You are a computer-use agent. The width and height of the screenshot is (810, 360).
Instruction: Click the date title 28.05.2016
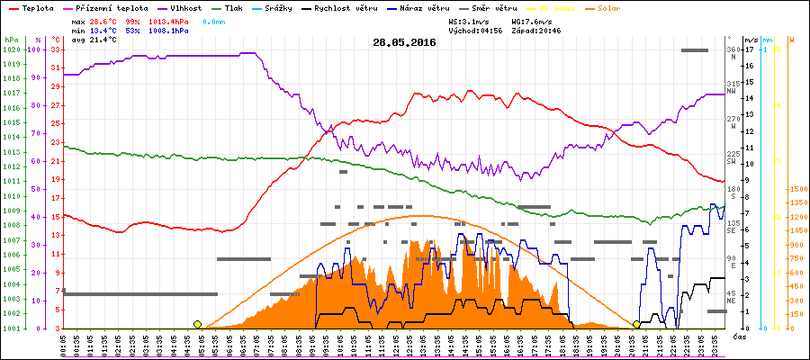click(x=404, y=42)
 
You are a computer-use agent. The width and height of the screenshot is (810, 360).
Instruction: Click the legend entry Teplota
click(x=39, y=7)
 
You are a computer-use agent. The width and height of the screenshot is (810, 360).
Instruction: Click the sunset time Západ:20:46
click(x=538, y=30)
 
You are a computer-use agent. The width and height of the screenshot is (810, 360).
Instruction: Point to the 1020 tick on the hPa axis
click(x=11, y=49)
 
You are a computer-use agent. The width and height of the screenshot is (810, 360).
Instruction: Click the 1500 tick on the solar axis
click(x=796, y=189)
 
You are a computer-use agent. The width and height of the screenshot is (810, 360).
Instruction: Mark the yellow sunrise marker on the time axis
click(x=197, y=324)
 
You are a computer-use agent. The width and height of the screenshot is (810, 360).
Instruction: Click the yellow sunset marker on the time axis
click(x=636, y=324)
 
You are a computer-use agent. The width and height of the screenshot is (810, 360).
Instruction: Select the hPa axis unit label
click(x=11, y=40)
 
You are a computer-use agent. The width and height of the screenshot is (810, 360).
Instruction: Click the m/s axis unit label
click(x=751, y=40)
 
